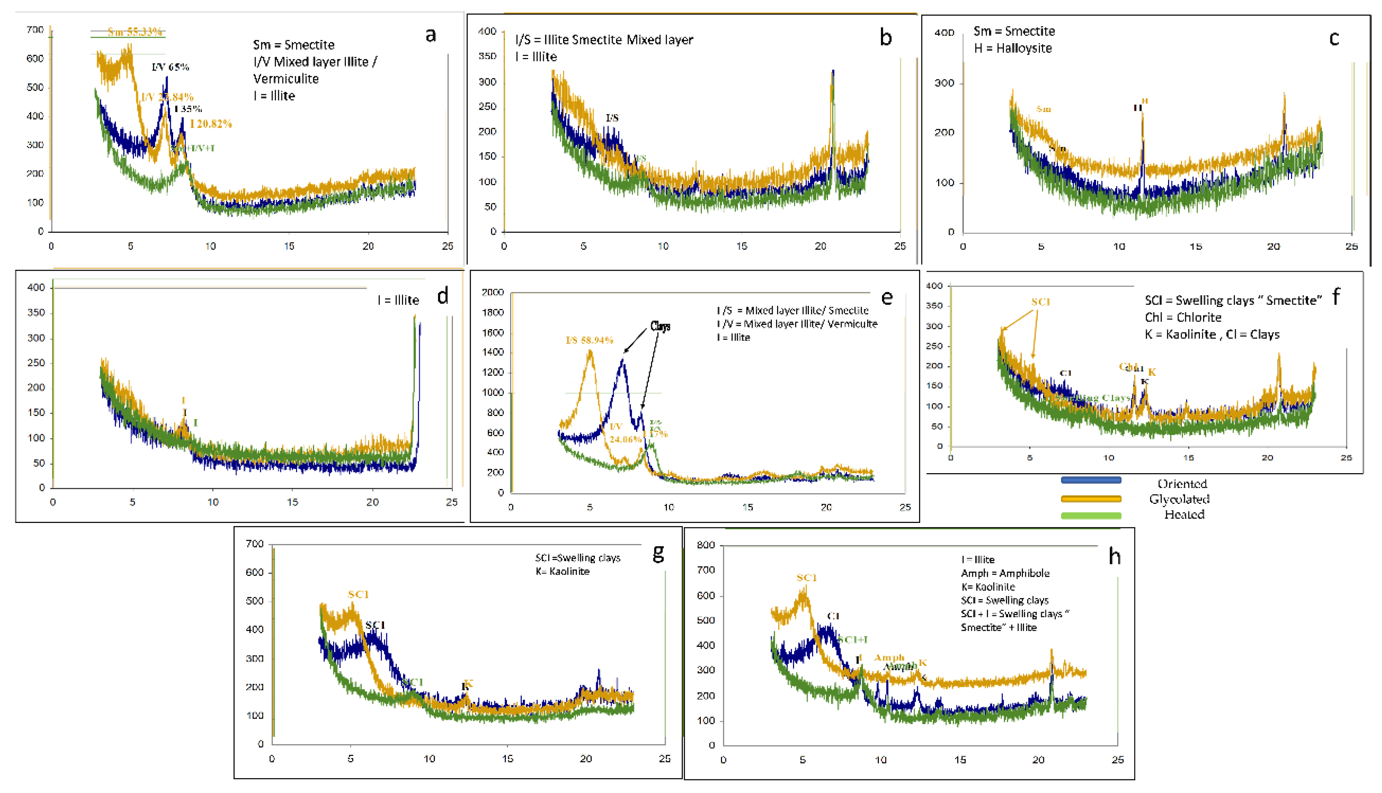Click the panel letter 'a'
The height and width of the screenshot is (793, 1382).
431,35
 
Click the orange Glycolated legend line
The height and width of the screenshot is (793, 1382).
1091,498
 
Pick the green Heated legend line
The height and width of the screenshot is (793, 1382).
1091,515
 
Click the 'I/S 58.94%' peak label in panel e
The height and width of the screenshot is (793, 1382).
589,340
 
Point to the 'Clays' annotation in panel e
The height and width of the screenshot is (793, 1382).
660,326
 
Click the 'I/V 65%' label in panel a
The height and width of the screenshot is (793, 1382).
170,67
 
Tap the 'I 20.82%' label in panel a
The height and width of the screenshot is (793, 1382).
211,124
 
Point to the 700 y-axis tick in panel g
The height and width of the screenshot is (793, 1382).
254,544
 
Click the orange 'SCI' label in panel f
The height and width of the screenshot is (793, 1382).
1040,302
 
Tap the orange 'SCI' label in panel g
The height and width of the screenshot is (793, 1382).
358,594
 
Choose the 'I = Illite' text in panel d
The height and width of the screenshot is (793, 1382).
398,300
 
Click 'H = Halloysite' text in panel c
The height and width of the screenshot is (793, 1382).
1012,48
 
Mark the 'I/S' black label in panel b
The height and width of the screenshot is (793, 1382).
612,118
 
